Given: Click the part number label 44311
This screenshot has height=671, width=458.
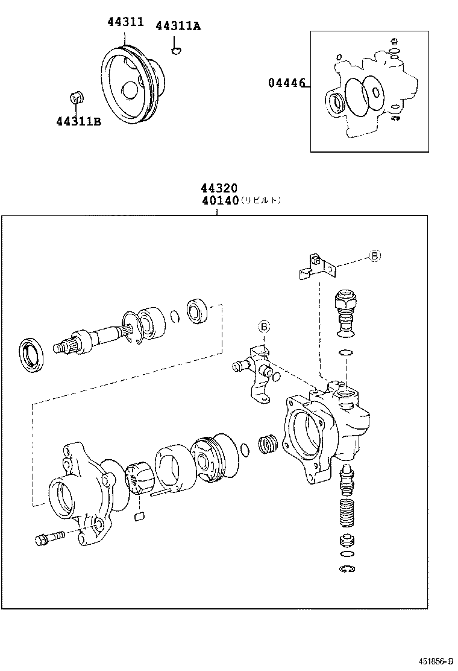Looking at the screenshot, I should [125, 22].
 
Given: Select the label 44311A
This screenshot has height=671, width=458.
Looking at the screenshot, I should [178, 26].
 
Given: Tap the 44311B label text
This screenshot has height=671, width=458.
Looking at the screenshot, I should [78, 121].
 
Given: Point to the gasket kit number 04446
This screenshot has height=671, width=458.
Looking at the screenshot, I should [287, 83].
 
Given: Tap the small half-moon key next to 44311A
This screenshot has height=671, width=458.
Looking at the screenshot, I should [176, 50].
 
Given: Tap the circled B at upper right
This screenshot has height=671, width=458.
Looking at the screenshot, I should [374, 256].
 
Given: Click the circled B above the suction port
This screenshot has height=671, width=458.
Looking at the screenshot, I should [264, 327].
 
